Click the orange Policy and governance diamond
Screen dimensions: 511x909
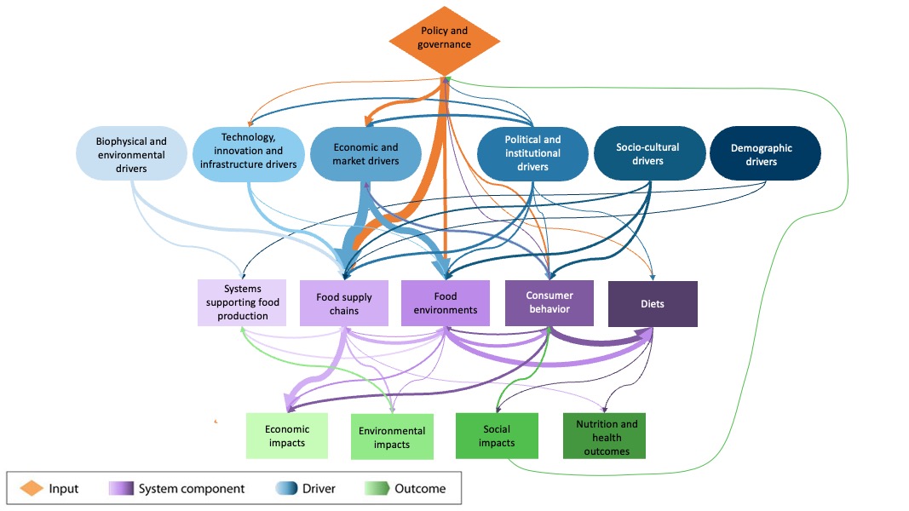[444, 38]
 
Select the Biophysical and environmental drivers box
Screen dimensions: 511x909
[131, 155]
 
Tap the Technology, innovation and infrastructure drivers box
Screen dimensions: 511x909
[248, 153]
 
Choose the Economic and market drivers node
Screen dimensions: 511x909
[365, 153]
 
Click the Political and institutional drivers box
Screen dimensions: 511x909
[532, 153]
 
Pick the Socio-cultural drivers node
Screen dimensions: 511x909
[648, 153]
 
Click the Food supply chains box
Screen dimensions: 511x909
[343, 303]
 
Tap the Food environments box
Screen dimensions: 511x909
[445, 303]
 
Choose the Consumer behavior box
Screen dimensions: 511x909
[549, 302]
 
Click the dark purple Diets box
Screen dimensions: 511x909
[653, 303]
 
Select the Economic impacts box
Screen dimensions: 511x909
[286, 436]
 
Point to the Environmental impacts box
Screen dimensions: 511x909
[392, 437]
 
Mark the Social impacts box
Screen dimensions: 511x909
[497, 436]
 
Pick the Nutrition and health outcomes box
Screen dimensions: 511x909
[604, 437]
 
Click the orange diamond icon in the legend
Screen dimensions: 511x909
[32, 488]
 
